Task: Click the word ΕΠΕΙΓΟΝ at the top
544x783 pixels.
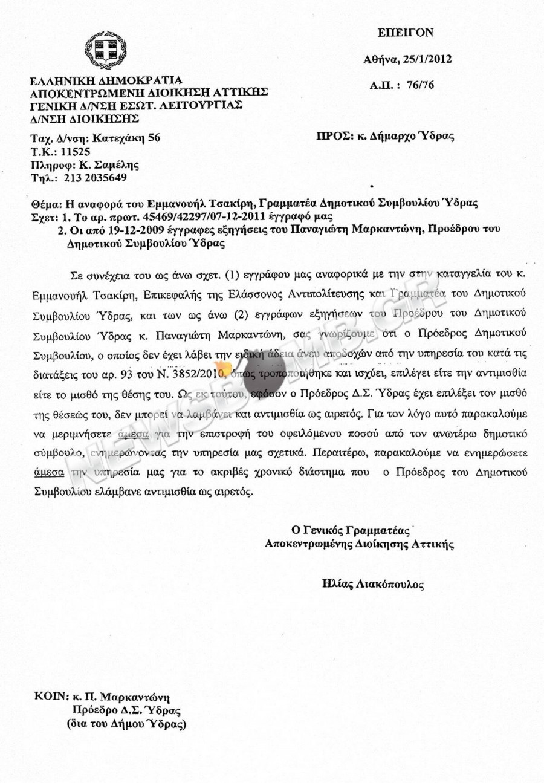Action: (x=405, y=33)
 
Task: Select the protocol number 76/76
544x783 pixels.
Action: (x=419, y=85)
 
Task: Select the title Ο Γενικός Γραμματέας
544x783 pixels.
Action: (x=351, y=530)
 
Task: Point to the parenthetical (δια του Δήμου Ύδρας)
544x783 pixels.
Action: (x=126, y=723)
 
